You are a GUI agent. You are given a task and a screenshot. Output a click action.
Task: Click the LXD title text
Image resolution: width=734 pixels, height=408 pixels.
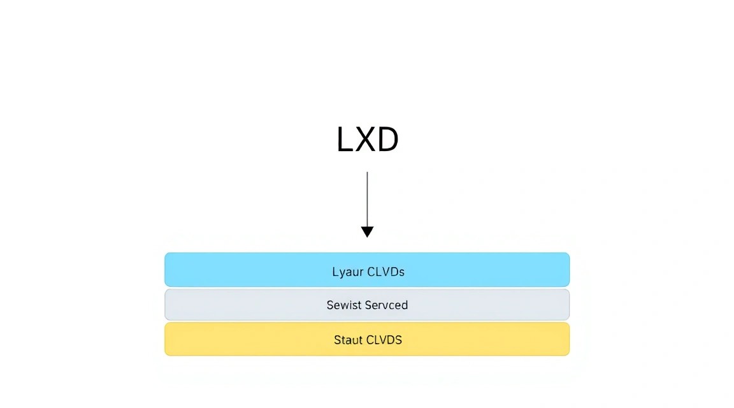[x=368, y=139]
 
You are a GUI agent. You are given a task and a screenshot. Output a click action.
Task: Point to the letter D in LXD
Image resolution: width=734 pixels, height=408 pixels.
[x=388, y=139]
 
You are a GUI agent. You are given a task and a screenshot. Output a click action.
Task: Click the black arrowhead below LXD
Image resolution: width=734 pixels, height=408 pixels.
[x=367, y=232]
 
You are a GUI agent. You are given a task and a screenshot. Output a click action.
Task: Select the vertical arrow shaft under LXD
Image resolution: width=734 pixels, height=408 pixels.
[x=367, y=199]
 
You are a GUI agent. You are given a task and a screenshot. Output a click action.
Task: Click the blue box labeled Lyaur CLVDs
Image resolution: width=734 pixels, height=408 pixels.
[x=367, y=270]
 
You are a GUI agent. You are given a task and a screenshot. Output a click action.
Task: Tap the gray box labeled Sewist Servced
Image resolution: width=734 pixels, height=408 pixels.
[x=367, y=305]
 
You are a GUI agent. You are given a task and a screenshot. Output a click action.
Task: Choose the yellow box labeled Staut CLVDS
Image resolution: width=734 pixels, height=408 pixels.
[x=367, y=339]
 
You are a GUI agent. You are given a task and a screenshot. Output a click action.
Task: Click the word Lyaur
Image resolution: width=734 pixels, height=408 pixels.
[x=348, y=272]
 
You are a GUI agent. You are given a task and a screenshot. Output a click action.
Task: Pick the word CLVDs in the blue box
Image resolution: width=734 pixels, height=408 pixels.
[x=385, y=272]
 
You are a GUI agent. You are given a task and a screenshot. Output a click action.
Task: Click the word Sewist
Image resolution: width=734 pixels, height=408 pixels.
[x=345, y=305]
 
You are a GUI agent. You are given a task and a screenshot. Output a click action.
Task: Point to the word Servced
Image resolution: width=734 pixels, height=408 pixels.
[x=387, y=305]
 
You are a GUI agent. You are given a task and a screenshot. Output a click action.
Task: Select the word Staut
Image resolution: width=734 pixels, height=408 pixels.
[x=349, y=340]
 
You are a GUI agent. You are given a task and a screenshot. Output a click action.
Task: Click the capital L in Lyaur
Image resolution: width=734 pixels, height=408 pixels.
[x=335, y=272]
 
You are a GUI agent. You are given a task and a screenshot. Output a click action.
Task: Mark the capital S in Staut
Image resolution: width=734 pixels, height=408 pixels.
[x=338, y=340]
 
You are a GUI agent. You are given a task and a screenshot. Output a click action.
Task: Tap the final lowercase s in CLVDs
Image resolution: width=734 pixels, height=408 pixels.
[x=401, y=273]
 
